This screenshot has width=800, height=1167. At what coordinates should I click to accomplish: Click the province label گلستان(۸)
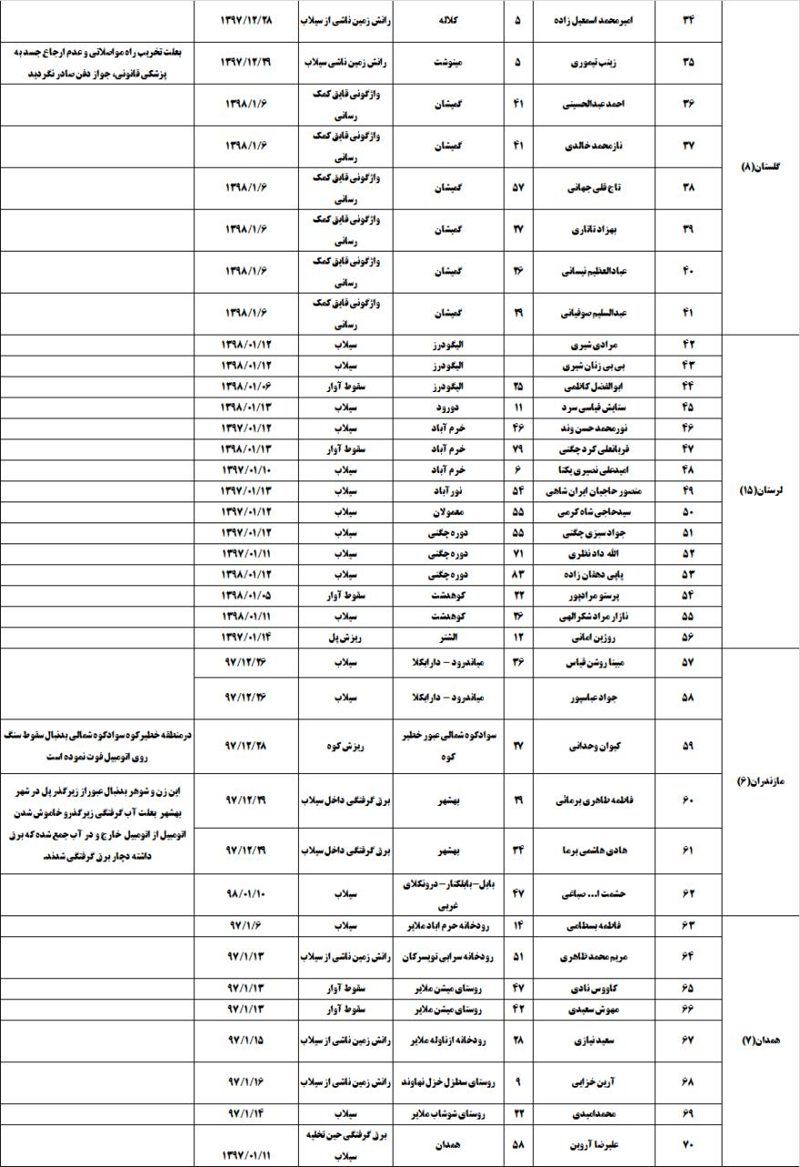[761, 168]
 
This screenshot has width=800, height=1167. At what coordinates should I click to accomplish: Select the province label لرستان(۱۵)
[761, 491]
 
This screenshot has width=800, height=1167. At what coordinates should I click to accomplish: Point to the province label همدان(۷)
[761, 1040]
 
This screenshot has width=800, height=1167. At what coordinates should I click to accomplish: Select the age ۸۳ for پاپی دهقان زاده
[518, 575]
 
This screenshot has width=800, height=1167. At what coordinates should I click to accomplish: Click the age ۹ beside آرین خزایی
[518, 1080]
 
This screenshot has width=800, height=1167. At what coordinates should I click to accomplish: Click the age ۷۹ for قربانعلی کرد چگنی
[518, 449]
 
